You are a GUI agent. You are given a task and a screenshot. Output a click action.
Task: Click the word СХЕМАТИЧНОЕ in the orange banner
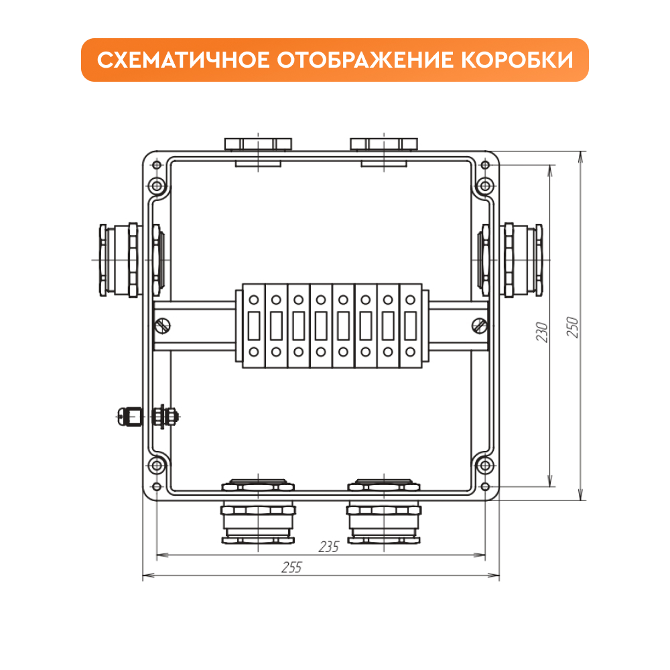tap(184, 60)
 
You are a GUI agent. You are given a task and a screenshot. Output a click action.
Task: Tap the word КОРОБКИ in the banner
tap(517, 60)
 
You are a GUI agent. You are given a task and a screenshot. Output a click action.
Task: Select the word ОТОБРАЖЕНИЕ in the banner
tap(365, 60)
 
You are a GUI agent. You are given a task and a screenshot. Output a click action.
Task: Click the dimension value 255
tap(292, 567)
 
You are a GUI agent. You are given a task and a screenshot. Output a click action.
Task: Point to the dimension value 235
tap(328, 547)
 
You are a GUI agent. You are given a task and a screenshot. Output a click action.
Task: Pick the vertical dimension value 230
tap(542, 332)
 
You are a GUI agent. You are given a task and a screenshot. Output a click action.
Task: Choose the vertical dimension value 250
tap(572, 327)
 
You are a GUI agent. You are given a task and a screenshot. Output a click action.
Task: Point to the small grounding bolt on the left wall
tap(147, 416)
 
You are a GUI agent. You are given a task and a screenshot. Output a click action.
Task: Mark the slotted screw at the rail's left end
tap(163, 326)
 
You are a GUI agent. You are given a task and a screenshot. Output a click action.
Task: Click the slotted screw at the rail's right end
tap(480, 326)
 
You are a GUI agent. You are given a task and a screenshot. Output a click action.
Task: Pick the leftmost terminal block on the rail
tap(254, 326)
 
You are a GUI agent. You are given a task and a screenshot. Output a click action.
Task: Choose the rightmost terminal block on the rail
tap(410, 326)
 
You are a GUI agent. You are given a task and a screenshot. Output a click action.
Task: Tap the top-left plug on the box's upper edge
tap(258, 144)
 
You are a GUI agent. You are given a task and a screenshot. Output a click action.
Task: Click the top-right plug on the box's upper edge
tap(384, 144)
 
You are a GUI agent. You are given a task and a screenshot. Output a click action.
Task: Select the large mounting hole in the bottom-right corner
tap(485, 466)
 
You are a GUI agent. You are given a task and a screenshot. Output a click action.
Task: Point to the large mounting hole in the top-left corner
tap(157, 186)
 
